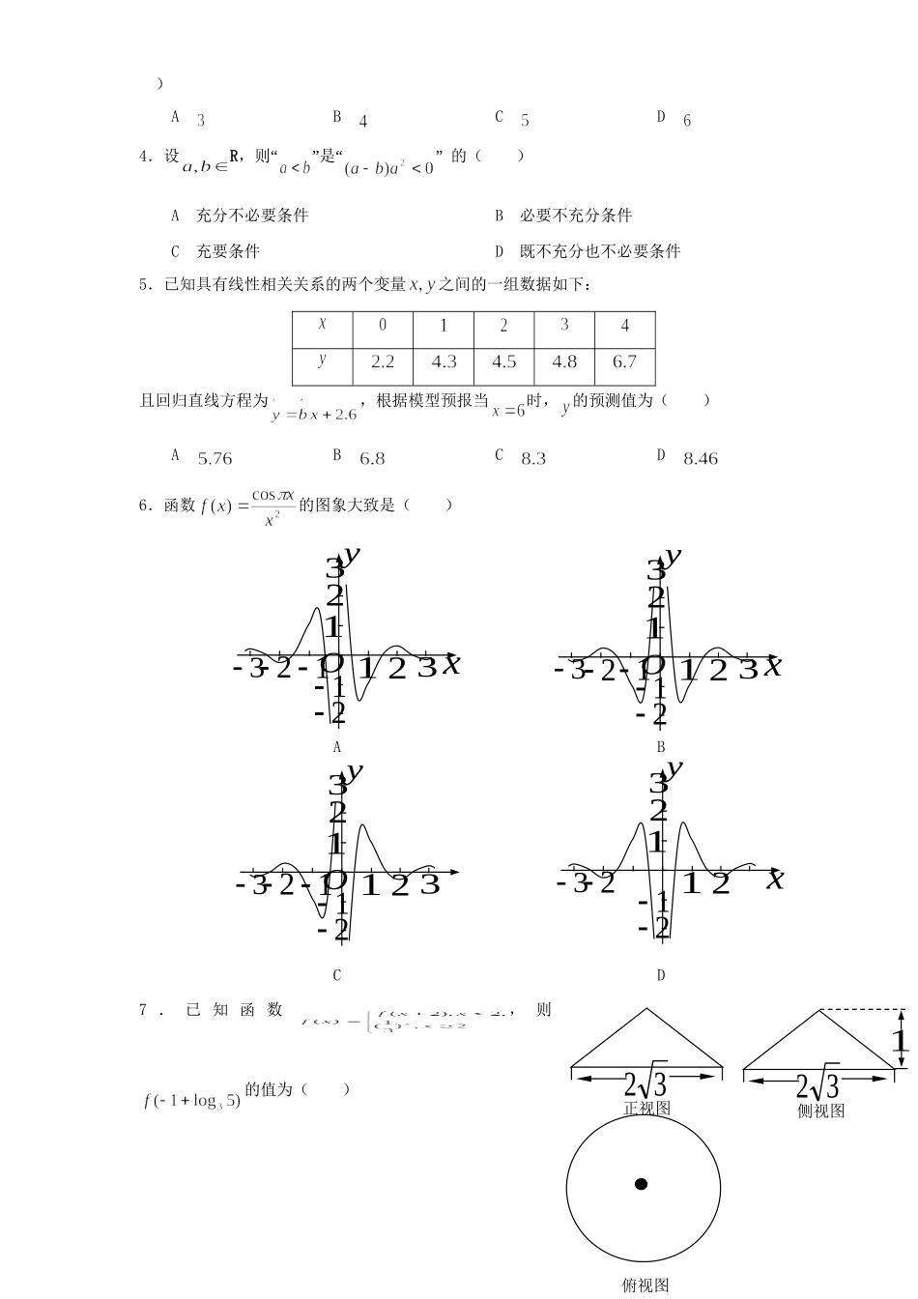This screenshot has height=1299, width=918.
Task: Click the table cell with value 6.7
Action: click(x=624, y=361)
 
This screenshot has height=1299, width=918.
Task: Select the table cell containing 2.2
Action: click(x=383, y=361)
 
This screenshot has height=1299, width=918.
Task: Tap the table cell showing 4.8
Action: click(x=564, y=361)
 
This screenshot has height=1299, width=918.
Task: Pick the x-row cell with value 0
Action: click(x=383, y=326)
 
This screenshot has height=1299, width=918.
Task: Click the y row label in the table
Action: click(x=322, y=360)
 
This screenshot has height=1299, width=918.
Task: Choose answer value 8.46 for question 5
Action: click(x=701, y=459)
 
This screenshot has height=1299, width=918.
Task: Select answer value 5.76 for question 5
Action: click(x=215, y=459)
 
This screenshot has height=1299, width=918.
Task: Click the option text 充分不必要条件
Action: click(x=252, y=216)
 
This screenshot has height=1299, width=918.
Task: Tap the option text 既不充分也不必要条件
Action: click(x=600, y=251)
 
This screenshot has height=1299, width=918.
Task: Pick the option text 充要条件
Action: click(x=228, y=251)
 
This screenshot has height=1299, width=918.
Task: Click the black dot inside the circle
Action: click(x=641, y=1184)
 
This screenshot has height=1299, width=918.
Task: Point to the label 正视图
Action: click(x=647, y=1109)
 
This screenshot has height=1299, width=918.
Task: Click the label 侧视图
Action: click(x=821, y=1111)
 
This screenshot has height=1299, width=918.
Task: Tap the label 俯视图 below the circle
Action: click(x=645, y=1285)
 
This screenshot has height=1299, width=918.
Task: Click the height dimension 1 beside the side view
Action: click(x=900, y=1041)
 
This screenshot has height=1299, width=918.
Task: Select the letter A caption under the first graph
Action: click(x=337, y=746)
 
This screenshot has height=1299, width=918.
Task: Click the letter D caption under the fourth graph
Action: click(x=661, y=975)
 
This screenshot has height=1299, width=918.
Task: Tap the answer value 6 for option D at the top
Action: click(x=687, y=121)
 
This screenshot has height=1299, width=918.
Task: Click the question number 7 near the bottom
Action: click(x=144, y=1010)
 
